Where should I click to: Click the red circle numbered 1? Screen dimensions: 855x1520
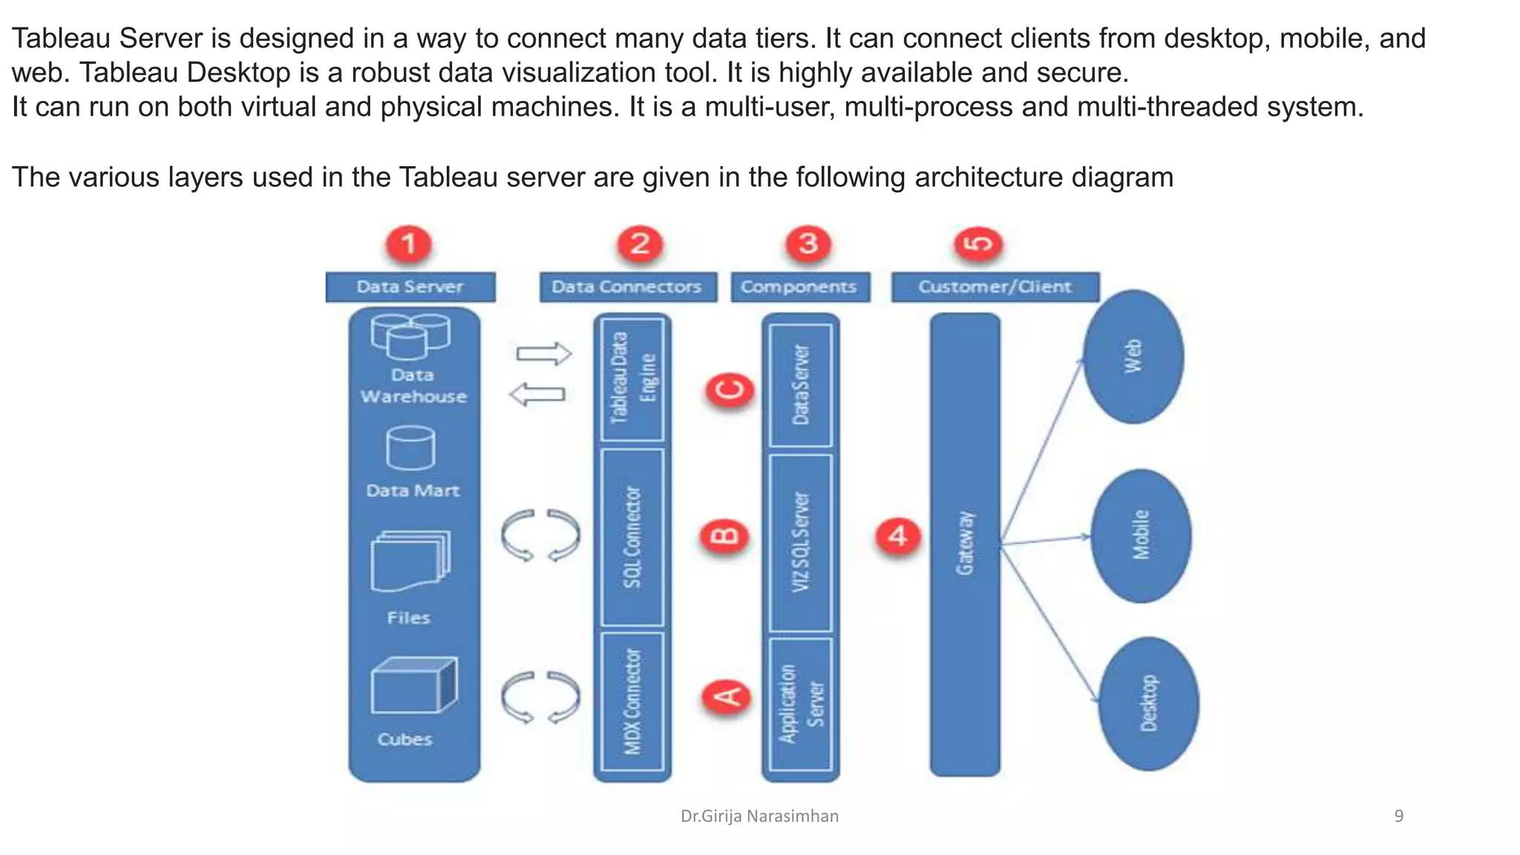click(408, 243)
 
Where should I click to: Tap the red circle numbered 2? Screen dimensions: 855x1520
click(640, 243)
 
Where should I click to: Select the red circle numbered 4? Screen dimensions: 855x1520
click(898, 535)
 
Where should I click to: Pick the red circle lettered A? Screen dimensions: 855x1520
click(727, 696)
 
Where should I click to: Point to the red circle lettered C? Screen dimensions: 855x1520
click(730, 390)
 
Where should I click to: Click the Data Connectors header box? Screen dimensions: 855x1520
click(628, 287)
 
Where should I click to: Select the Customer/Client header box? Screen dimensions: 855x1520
click(995, 287)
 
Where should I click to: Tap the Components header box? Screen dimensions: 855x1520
click(799, 287)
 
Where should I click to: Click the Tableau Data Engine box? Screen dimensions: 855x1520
click(632, 379)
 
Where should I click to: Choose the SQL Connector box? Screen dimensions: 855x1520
click(632, 537)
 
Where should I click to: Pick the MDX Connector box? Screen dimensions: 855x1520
click(632, 701)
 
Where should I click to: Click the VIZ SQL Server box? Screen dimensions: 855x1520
click(800, 542)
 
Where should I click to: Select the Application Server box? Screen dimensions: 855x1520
click(800, 704)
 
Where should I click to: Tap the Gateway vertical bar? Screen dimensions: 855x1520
click(965, 544)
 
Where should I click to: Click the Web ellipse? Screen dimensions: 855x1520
click(1133, 357)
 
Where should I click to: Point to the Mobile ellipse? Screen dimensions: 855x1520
click(1141, 535)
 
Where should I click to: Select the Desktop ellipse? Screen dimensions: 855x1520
click(1148, 703)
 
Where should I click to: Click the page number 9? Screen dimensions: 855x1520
click(1398, 816)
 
